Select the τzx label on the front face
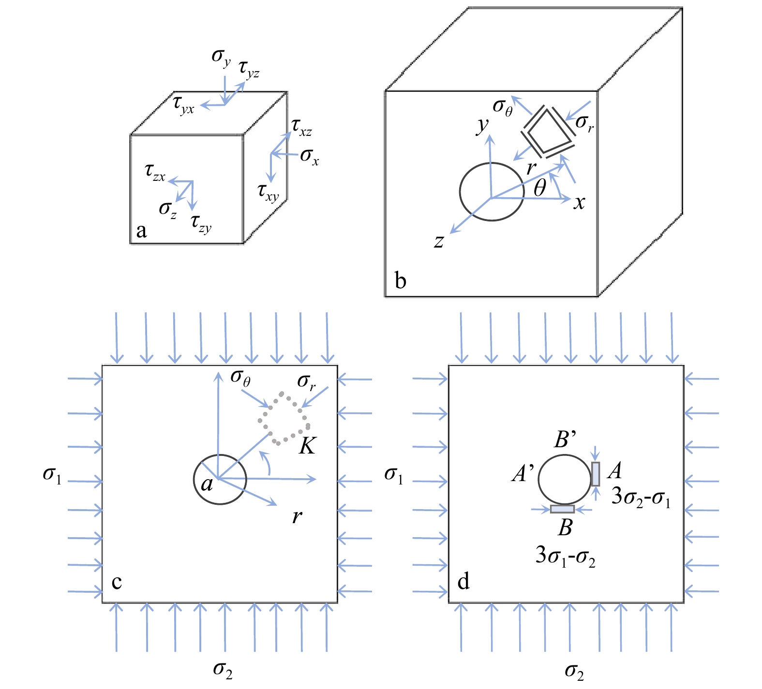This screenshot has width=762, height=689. [155, 173]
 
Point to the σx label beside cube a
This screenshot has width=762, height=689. [310, 156]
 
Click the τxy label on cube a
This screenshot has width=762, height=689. [269, 192]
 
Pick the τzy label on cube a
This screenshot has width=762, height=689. [201, 223]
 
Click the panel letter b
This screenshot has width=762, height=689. [401, 280]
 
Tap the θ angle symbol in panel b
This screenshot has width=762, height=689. [540, 188]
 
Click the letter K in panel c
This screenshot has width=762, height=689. [307, 446]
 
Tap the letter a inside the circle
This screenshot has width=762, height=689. [207, 484]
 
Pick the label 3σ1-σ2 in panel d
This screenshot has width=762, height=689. [566, 556]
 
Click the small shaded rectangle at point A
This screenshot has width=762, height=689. [596, 474]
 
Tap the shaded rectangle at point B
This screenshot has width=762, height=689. [563, 509]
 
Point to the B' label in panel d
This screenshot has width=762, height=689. [565, 439]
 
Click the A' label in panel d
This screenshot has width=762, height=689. [523, 473]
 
